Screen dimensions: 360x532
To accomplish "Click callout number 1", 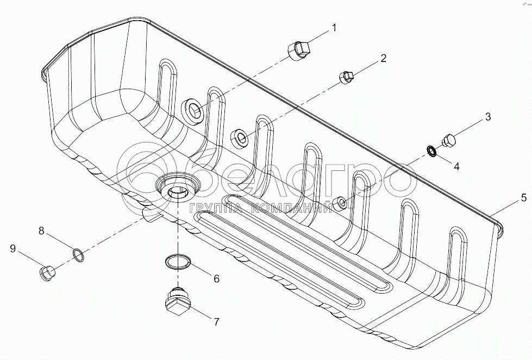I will click(334, 27).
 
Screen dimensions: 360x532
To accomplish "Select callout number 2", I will click(383, 59).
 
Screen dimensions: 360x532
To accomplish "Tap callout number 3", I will click(487, 116).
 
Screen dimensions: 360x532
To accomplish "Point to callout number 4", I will click(456, 167).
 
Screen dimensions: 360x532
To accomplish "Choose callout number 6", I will click(216, 279).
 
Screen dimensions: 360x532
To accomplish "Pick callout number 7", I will click(216, 321).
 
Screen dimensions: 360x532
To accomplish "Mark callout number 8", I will click(41, 231).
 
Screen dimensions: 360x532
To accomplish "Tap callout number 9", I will click(12, 249).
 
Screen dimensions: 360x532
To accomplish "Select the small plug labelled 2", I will click(347, 78).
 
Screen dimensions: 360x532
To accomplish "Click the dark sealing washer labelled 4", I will click(431, 150).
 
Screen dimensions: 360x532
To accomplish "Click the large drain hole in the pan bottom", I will click(177, 188).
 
